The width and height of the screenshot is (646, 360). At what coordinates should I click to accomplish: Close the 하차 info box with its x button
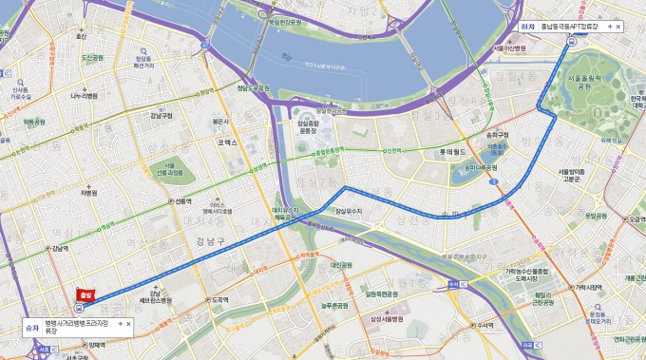(x=617, y=27)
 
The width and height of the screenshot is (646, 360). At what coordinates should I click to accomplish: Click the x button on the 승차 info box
(x=127, y=324)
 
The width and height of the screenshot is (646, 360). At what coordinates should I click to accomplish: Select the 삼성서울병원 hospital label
(x=388, y=319)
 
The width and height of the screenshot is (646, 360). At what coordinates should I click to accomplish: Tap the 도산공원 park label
(x=92, y=57)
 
